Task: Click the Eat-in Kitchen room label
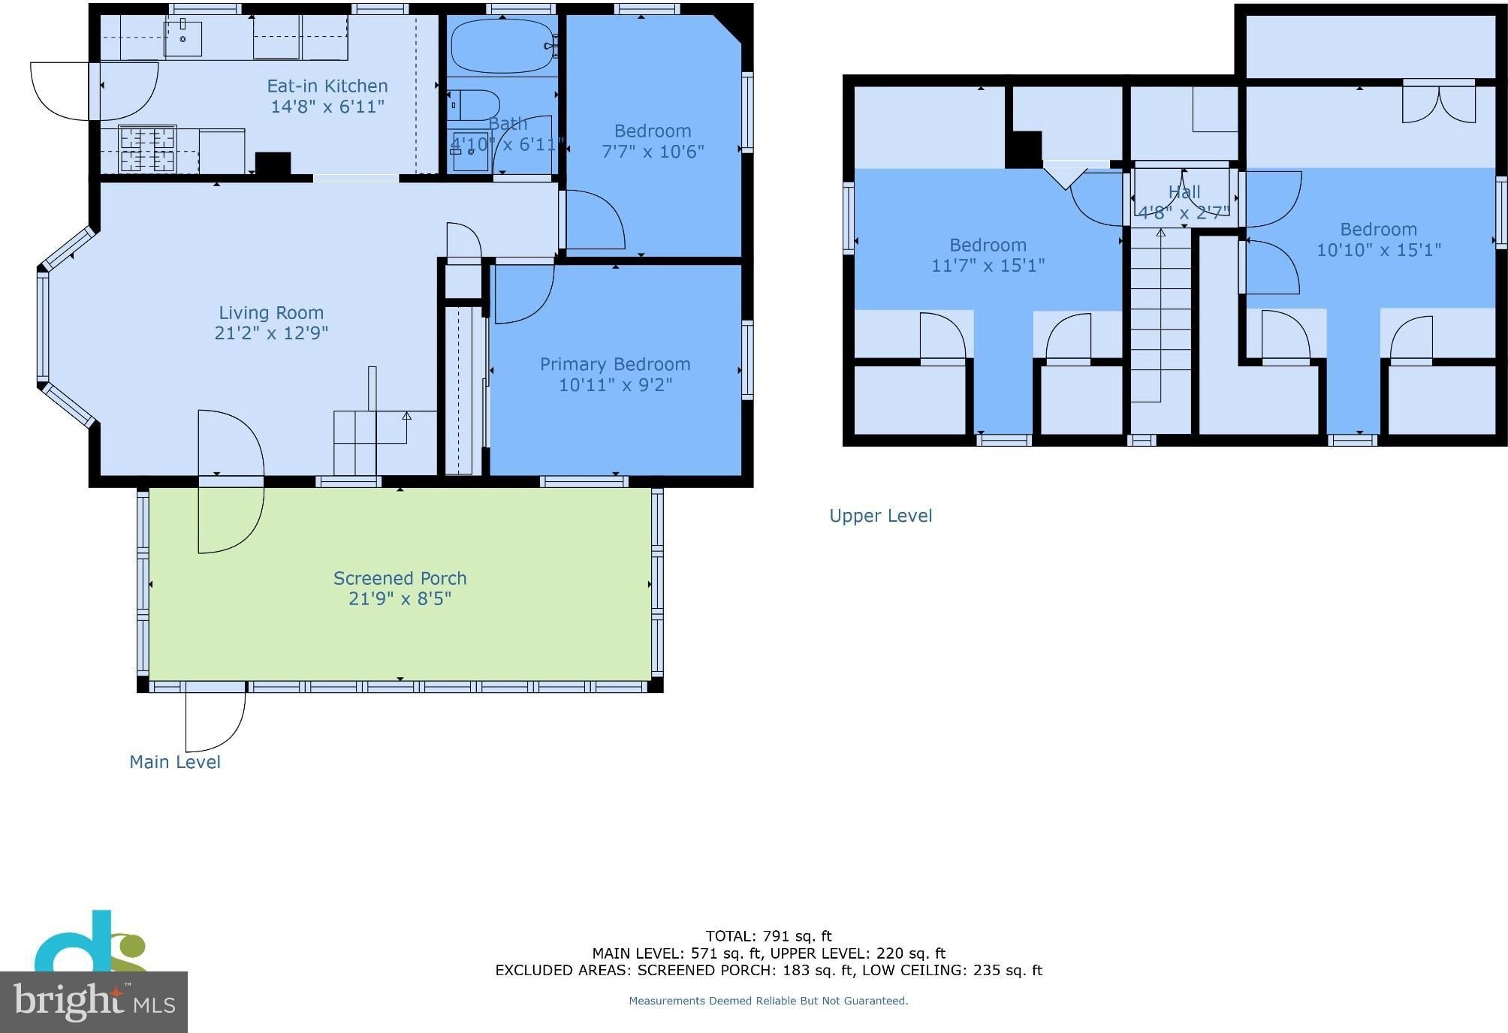pos(327,86)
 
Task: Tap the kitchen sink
pos(183,38)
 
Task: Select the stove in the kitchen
pos(147,149)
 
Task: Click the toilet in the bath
pos(473,106)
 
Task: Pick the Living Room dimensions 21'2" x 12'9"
pos(271,333)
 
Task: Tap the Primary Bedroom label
pos(615,364)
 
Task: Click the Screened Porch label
pos(400,578)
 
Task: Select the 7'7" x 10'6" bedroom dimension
pos(653,151)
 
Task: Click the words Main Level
pos(175,762)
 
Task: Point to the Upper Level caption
pos(881,516)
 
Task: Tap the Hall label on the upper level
pos(1184,192)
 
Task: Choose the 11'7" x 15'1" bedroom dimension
pos(988,265)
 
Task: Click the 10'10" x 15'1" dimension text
pos(1379,249)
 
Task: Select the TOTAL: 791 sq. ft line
pos(769,936)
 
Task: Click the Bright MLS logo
pos(94,1002)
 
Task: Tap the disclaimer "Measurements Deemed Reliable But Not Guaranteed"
pos(768,1001)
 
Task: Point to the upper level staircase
pos(1160,315)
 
